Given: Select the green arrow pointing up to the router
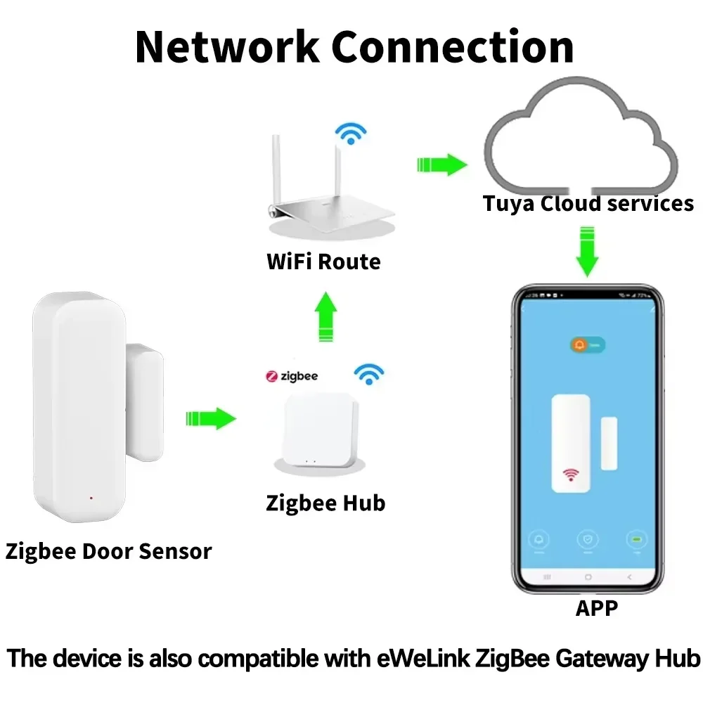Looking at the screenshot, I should click(x=325, y=317).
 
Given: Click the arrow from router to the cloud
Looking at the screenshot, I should click(x=441, y=165).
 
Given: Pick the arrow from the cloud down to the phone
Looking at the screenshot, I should click(x=587, y=251).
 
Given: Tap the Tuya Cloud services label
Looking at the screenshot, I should click(x=588, y=204).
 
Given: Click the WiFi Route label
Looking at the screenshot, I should click(x=323, y=262).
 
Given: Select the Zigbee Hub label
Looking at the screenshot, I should click(x=325, y=503).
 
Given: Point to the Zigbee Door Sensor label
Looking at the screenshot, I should click(x=108, y=551).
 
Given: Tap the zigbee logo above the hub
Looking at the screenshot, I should click(x=291, y=376).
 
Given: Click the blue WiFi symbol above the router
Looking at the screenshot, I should click(x=349, y=132).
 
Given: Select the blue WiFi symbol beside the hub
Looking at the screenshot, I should click(x=368, y=374).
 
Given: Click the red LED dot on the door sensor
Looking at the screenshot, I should click(x=91, y=498).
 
